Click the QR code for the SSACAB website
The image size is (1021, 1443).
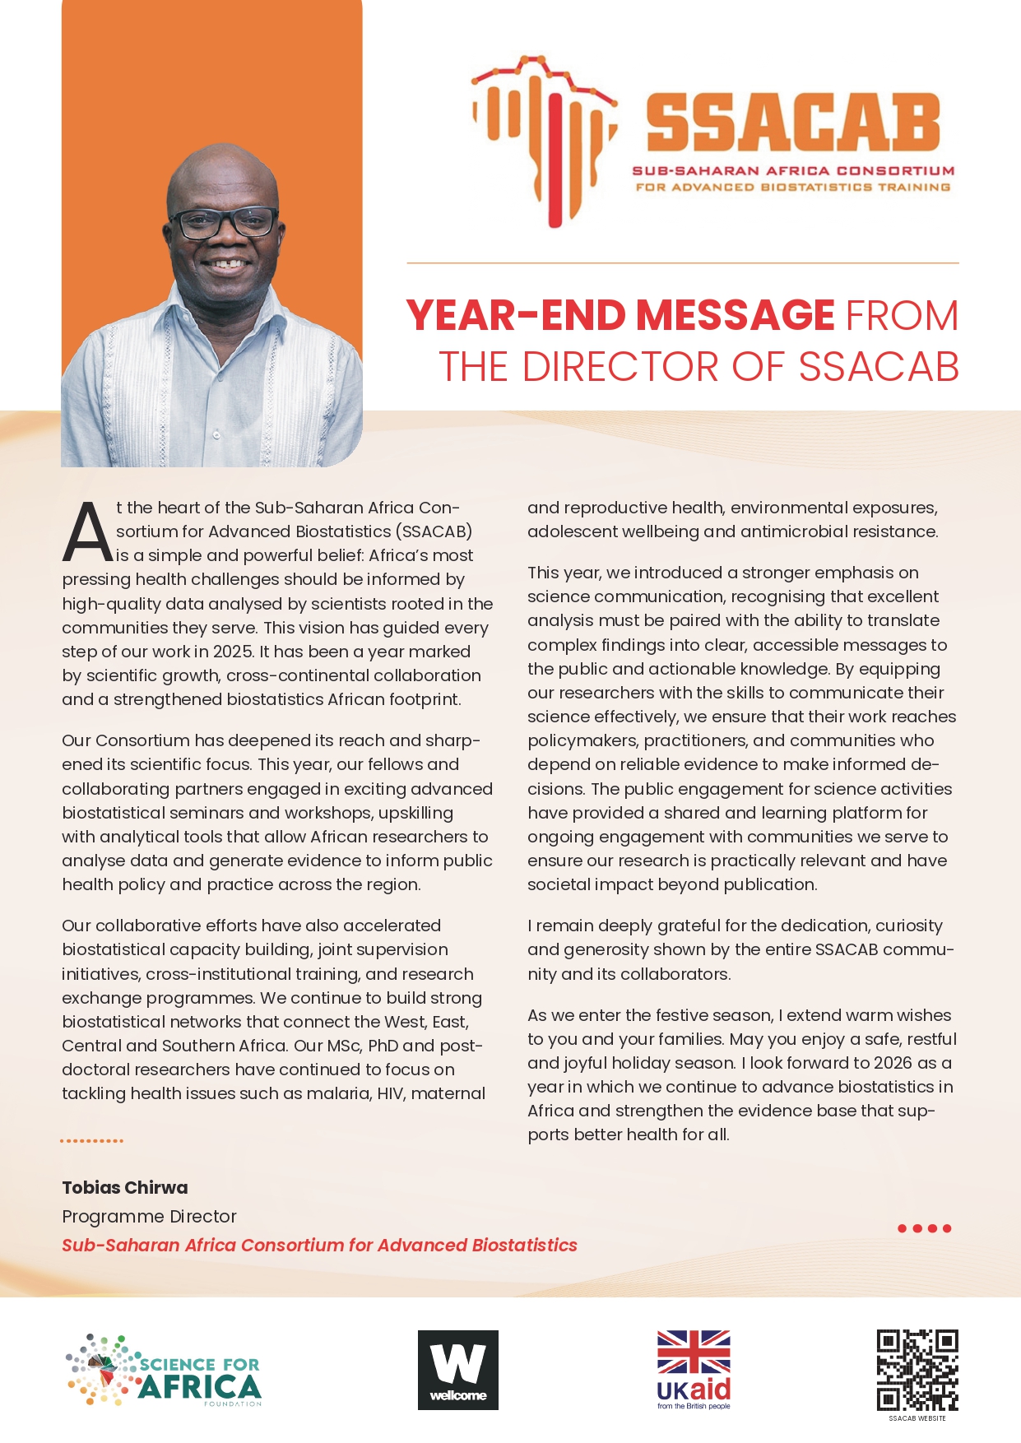pyautogui.click(x=917, y=1370)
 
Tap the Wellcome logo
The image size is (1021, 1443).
pyautogui.click(x=458, y=1370)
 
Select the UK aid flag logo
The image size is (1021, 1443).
pyautogui.click(x=694, y=1369)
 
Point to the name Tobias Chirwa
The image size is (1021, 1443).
pyautogui.click(x=125, y=1187)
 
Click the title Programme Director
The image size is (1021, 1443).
pyautogui.click(x=149, y=1216)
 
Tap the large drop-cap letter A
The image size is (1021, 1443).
pyautogui.click(x=86, y=531)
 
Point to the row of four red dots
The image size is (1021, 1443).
pyautogui.click(x=924, y=1228)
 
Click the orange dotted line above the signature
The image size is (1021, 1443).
pyautogui.click(x=91, y=1141)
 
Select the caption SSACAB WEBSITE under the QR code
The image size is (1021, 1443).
pyautogui.click(x=917, y=1418)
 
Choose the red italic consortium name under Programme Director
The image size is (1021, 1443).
pyautogui.click(x=319, y=1245)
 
